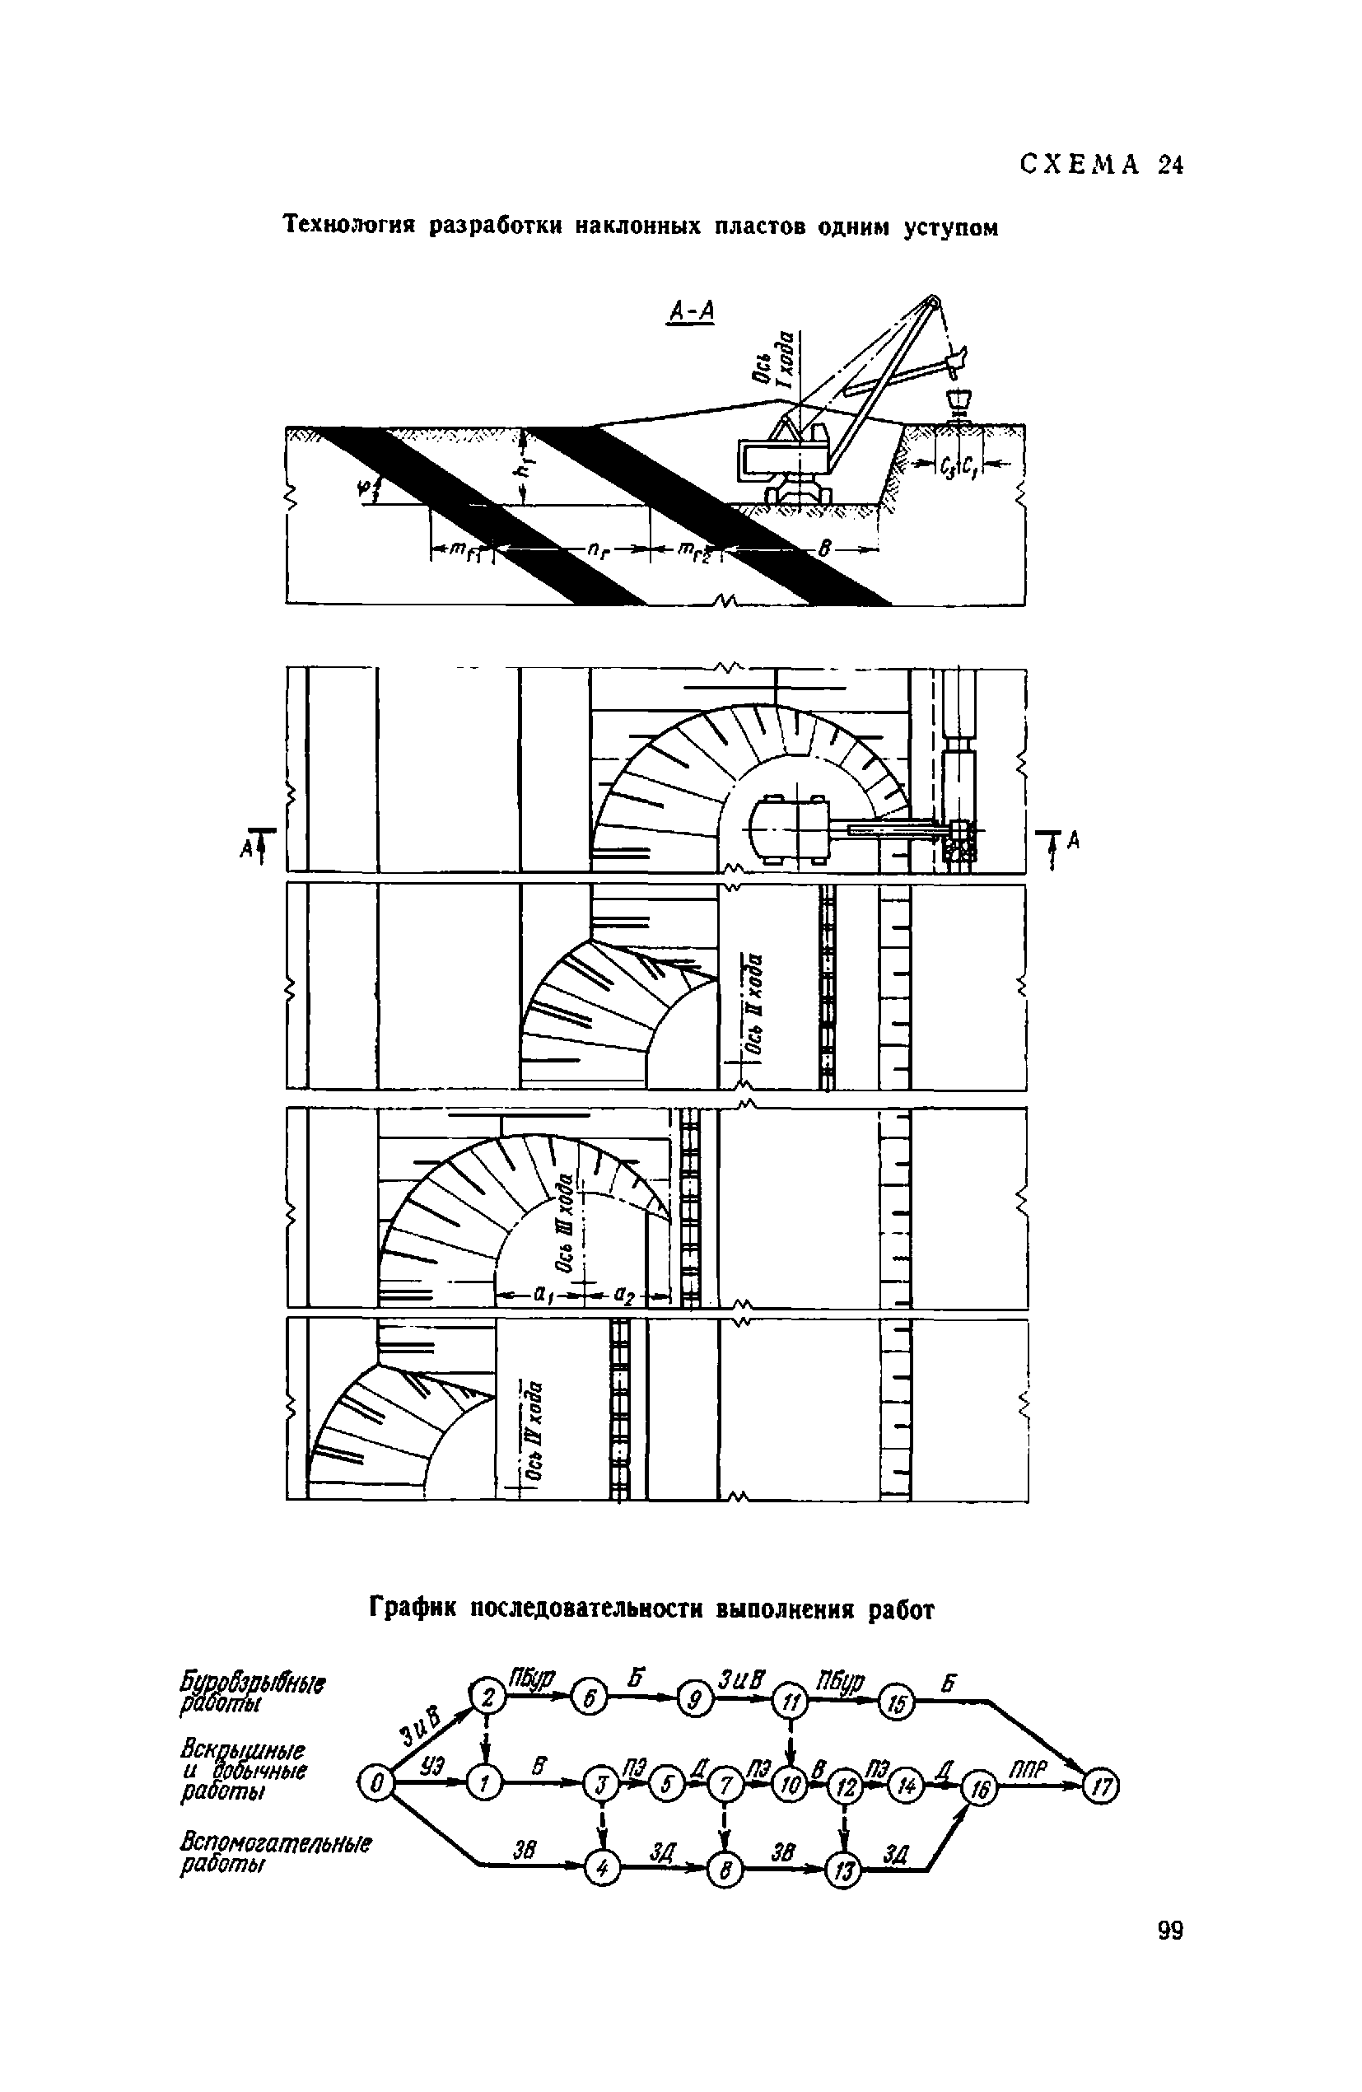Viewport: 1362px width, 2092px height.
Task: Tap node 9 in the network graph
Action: (694, 1703)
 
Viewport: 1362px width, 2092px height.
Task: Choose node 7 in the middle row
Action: (725, 1786)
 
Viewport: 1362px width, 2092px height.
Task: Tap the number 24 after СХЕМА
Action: (1170, 166)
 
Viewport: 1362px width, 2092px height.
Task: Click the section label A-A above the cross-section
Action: (692, 311)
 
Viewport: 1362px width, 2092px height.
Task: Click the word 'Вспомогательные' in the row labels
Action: (275, 1842)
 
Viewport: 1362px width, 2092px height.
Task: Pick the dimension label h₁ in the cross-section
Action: (525, 468)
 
